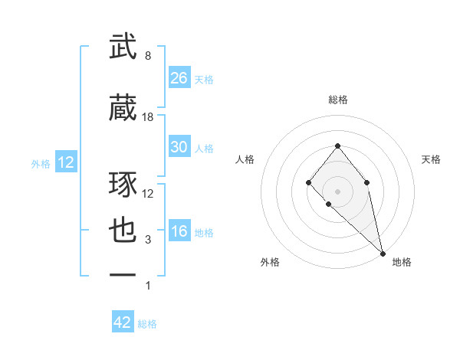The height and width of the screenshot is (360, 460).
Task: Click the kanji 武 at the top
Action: pyautogui.click(x=123, y=47)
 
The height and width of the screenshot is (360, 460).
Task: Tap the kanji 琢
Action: pyautogui.click(x=123, y=185)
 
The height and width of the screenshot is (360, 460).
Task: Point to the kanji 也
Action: pyautogui.click(x=123, y=231)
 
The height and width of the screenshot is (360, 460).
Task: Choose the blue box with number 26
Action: pyautogui.click(x=179, y=77)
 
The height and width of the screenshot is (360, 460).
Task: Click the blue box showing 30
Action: pyautogui.click(x=179, y=147)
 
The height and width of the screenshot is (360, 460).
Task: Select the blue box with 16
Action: pyautogui.click(x=179, y=232)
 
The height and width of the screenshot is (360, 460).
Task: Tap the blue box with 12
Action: pyautogui.click(x=65, y=162)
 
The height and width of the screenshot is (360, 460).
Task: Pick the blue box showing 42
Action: pyautogui.click(x=123, y=322)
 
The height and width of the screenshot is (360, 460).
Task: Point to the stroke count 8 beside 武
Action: pyautogui.click(x=148, y=56)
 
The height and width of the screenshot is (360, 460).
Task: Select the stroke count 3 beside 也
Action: pyautogui.click(x=148, y=240)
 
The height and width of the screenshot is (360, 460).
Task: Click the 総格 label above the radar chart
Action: pyautogui.click(x=338, y=100)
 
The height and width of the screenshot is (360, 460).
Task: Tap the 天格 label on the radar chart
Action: pyautogui.click(x=431, y=159)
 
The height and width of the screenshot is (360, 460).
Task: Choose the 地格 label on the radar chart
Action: pyautogui.click(x=402, y=262)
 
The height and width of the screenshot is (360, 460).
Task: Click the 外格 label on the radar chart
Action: pyautogui.click(x=270, y=262)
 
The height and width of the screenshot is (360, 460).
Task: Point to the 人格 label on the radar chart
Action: pyautogui.click(x=245, y=159)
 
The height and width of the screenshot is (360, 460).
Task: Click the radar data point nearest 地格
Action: pyautogui.click(x=382, y=253)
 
